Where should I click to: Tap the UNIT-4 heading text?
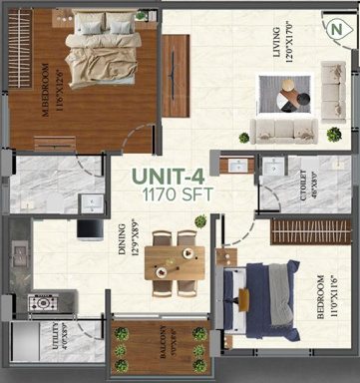[177, 179]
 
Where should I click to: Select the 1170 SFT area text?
[177, 196]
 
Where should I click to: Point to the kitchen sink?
[92, 202]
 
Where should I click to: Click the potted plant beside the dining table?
[200, 221]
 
